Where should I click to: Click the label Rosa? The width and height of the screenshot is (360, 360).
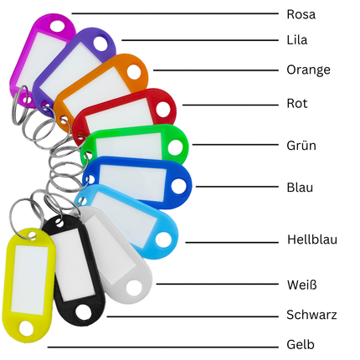click(301, 14)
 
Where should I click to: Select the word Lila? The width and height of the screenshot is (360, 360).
click(297, 40)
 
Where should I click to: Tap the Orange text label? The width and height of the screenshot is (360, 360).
click(308, 70)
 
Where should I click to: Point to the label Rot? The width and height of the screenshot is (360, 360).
click(297, 104)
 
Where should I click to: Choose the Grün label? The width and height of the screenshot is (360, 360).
click(301, 145)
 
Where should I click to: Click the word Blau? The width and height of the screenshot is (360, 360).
click(300, 188)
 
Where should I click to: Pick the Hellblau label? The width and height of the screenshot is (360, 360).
click(312, 239)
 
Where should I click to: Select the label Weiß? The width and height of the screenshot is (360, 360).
click(302, 285)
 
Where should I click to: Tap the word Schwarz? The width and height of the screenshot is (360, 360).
click(311, 315)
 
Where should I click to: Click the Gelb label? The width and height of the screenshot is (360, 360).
click(301, 345)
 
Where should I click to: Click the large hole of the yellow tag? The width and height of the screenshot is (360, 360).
click(26, 328)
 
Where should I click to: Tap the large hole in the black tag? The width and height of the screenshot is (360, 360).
click(84, 312)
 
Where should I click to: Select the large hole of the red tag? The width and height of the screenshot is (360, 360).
click(163, 110)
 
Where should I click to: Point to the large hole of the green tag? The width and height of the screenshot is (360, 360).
click(176, 147)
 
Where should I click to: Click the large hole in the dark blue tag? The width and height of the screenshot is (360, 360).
click(178, 187)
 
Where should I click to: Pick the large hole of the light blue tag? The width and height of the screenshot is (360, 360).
click(163, 240)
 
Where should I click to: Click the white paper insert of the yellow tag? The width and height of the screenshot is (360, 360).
click(30, 280)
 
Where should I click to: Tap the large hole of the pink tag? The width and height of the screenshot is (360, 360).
click(58, 26)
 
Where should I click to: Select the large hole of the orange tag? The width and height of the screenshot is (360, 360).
click(134, 72)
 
